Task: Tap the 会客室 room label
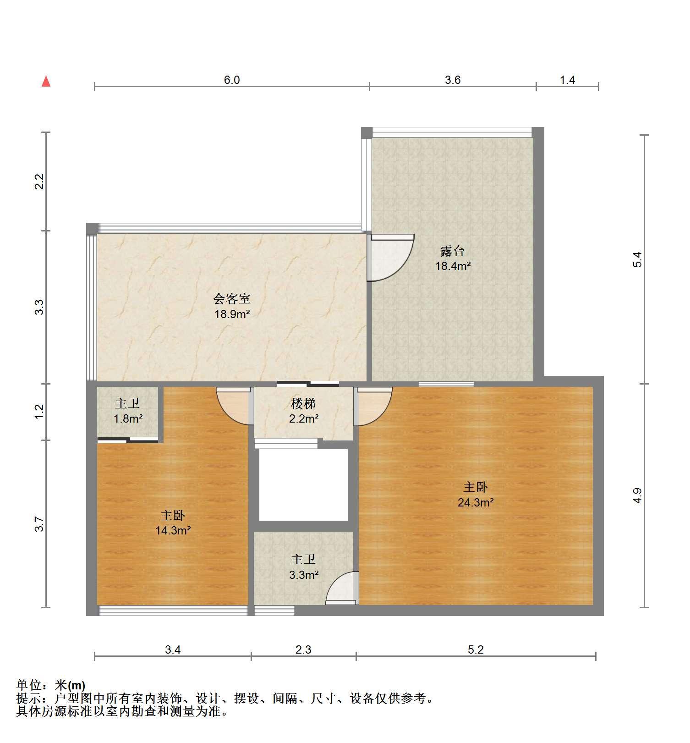tap(232, 299)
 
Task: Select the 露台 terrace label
tap(453, 251)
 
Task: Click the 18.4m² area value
tap(453, 266)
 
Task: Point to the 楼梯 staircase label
tap(303, 404)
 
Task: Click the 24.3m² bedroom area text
tap(476, 502)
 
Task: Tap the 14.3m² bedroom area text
tap(173, 530)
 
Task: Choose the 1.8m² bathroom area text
tap(128, 418)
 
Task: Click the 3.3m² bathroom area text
tap(304, 574)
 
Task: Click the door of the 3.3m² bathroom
tap(342, 588)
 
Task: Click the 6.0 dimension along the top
tap(232, 80)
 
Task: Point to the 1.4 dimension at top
tap(567, 80)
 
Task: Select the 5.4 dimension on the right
tap(637, 259)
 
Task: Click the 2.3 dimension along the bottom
tap(303, 649)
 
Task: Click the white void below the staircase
tap(303, 484)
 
